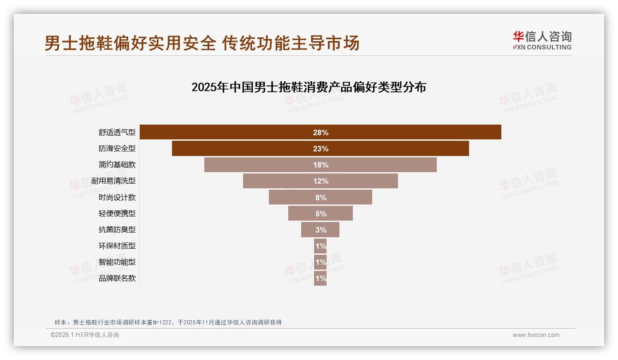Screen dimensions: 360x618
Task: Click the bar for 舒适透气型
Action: (x=231, y=132)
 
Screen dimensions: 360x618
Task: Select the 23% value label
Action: (x=321, y=149)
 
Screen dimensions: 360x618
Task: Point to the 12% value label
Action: (x=321, y=181)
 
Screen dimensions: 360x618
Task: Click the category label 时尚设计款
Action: (x=117, y=197)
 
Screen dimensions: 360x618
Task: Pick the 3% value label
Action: (x=321, y=230)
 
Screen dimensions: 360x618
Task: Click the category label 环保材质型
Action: (x=117, y=246)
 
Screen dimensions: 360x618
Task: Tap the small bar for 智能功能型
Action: (x=321, y=262)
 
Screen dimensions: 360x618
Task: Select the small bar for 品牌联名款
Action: (x=321, y=278)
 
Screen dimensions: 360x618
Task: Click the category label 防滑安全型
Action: (x=117, y=149)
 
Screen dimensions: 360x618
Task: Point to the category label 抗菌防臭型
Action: (x=117, y=229)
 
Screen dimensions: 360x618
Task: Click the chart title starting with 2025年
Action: (x=309, y=87)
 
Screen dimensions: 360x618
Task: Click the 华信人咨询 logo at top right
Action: (x=542, y=40)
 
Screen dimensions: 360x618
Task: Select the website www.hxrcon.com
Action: (x=536, y=335)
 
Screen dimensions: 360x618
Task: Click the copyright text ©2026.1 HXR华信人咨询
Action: (x=85, y=335)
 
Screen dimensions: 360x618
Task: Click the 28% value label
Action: (x=321, y=132)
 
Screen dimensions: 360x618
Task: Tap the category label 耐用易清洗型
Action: (x=113, y=181)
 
